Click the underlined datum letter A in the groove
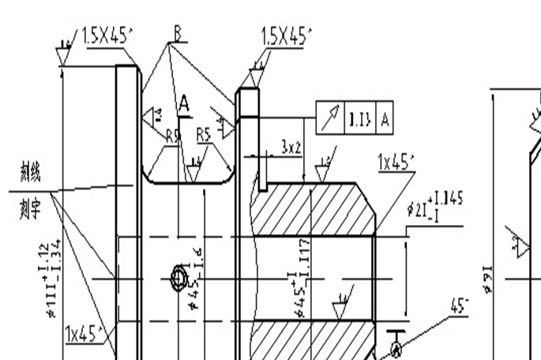click(x=184, y=103)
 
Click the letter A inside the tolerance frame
click(x=385, y=119)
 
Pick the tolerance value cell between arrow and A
click(x=360, y=119)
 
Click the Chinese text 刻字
click(x=31, y=209)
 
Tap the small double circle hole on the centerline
click(x=178, y=279)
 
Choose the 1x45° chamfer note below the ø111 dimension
click(x=86, y=334)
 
